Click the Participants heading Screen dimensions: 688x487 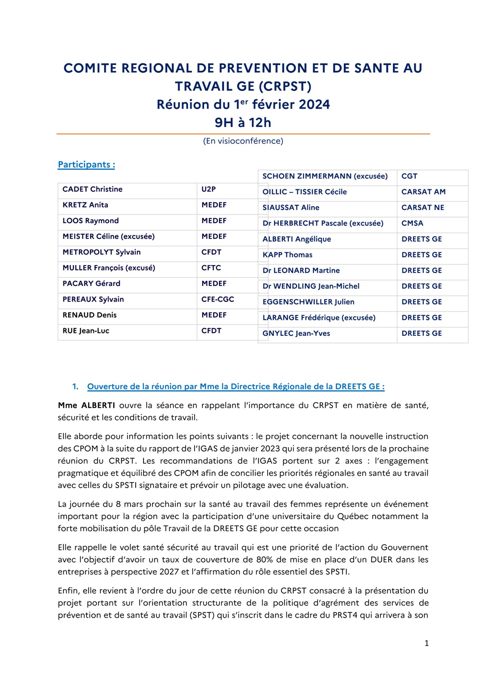tap(86, 164)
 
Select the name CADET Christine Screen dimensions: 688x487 tap(92, 189)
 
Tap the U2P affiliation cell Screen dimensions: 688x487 tap(209, 189)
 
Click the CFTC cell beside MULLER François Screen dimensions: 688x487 tap(211, 268)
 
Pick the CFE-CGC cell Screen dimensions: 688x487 tap(218, 299)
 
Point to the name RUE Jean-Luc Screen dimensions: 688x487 tap(86, 331)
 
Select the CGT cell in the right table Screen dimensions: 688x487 tap(409, 176)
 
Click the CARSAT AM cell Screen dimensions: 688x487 tap(423, 192)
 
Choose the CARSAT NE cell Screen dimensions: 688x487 tap(423, 207)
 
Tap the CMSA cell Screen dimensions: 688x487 tap(412, 223)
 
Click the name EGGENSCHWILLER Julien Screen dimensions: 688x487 tap(308, 302)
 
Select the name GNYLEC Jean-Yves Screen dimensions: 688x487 tap(296, 333)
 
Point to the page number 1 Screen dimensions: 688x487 tap(426, 643)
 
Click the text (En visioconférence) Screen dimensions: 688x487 tap(243, 141)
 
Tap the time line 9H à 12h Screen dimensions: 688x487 tap(243, 122)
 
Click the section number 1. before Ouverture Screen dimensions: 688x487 tap(75, 387)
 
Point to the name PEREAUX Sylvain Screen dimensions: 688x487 tap(93, 299)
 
